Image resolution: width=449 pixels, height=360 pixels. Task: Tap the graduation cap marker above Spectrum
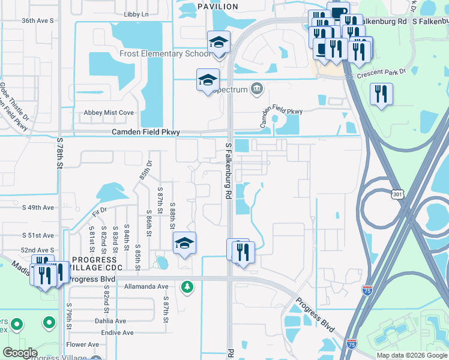point(208,79)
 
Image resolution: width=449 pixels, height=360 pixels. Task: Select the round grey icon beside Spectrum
point(257,89)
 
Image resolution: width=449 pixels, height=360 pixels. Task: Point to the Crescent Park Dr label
point(381,70)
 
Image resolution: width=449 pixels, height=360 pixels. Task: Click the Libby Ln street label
point(136,14)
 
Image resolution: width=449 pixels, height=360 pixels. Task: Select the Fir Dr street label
point(99,210)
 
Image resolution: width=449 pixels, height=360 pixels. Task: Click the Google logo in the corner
point(20,353)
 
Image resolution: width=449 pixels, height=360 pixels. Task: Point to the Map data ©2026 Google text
point(411,355)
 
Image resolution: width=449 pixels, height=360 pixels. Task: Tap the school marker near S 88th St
point(184,243)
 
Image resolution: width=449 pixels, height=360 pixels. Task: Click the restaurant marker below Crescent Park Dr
point(381,94)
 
